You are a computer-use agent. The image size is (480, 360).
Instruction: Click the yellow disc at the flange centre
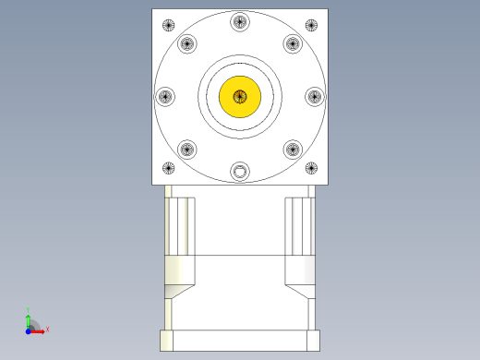click(240, 96)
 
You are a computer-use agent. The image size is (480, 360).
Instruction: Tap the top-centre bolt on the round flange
click(240, 21)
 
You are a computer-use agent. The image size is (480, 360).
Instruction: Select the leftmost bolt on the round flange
click(166, 95)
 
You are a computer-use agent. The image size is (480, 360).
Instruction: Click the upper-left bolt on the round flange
click(187, 43)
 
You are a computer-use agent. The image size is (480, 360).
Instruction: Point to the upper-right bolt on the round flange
click(293, 43)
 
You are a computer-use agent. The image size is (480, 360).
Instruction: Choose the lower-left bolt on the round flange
click(187, 148)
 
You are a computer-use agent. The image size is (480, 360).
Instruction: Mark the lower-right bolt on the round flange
click(293, 148)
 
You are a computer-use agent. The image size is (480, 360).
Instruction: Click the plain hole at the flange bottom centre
click(241, 171)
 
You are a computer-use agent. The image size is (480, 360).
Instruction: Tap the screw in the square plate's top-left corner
click(168, 25)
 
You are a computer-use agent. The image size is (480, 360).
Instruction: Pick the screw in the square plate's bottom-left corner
click(168, 168)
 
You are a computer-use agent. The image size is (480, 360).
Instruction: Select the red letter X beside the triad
click(47, 329)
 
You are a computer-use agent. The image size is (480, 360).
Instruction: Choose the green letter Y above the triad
click(29, 309)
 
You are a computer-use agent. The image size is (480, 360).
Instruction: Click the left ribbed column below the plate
click(180, 226)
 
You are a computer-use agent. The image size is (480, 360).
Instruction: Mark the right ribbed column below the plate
click(300, 226)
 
